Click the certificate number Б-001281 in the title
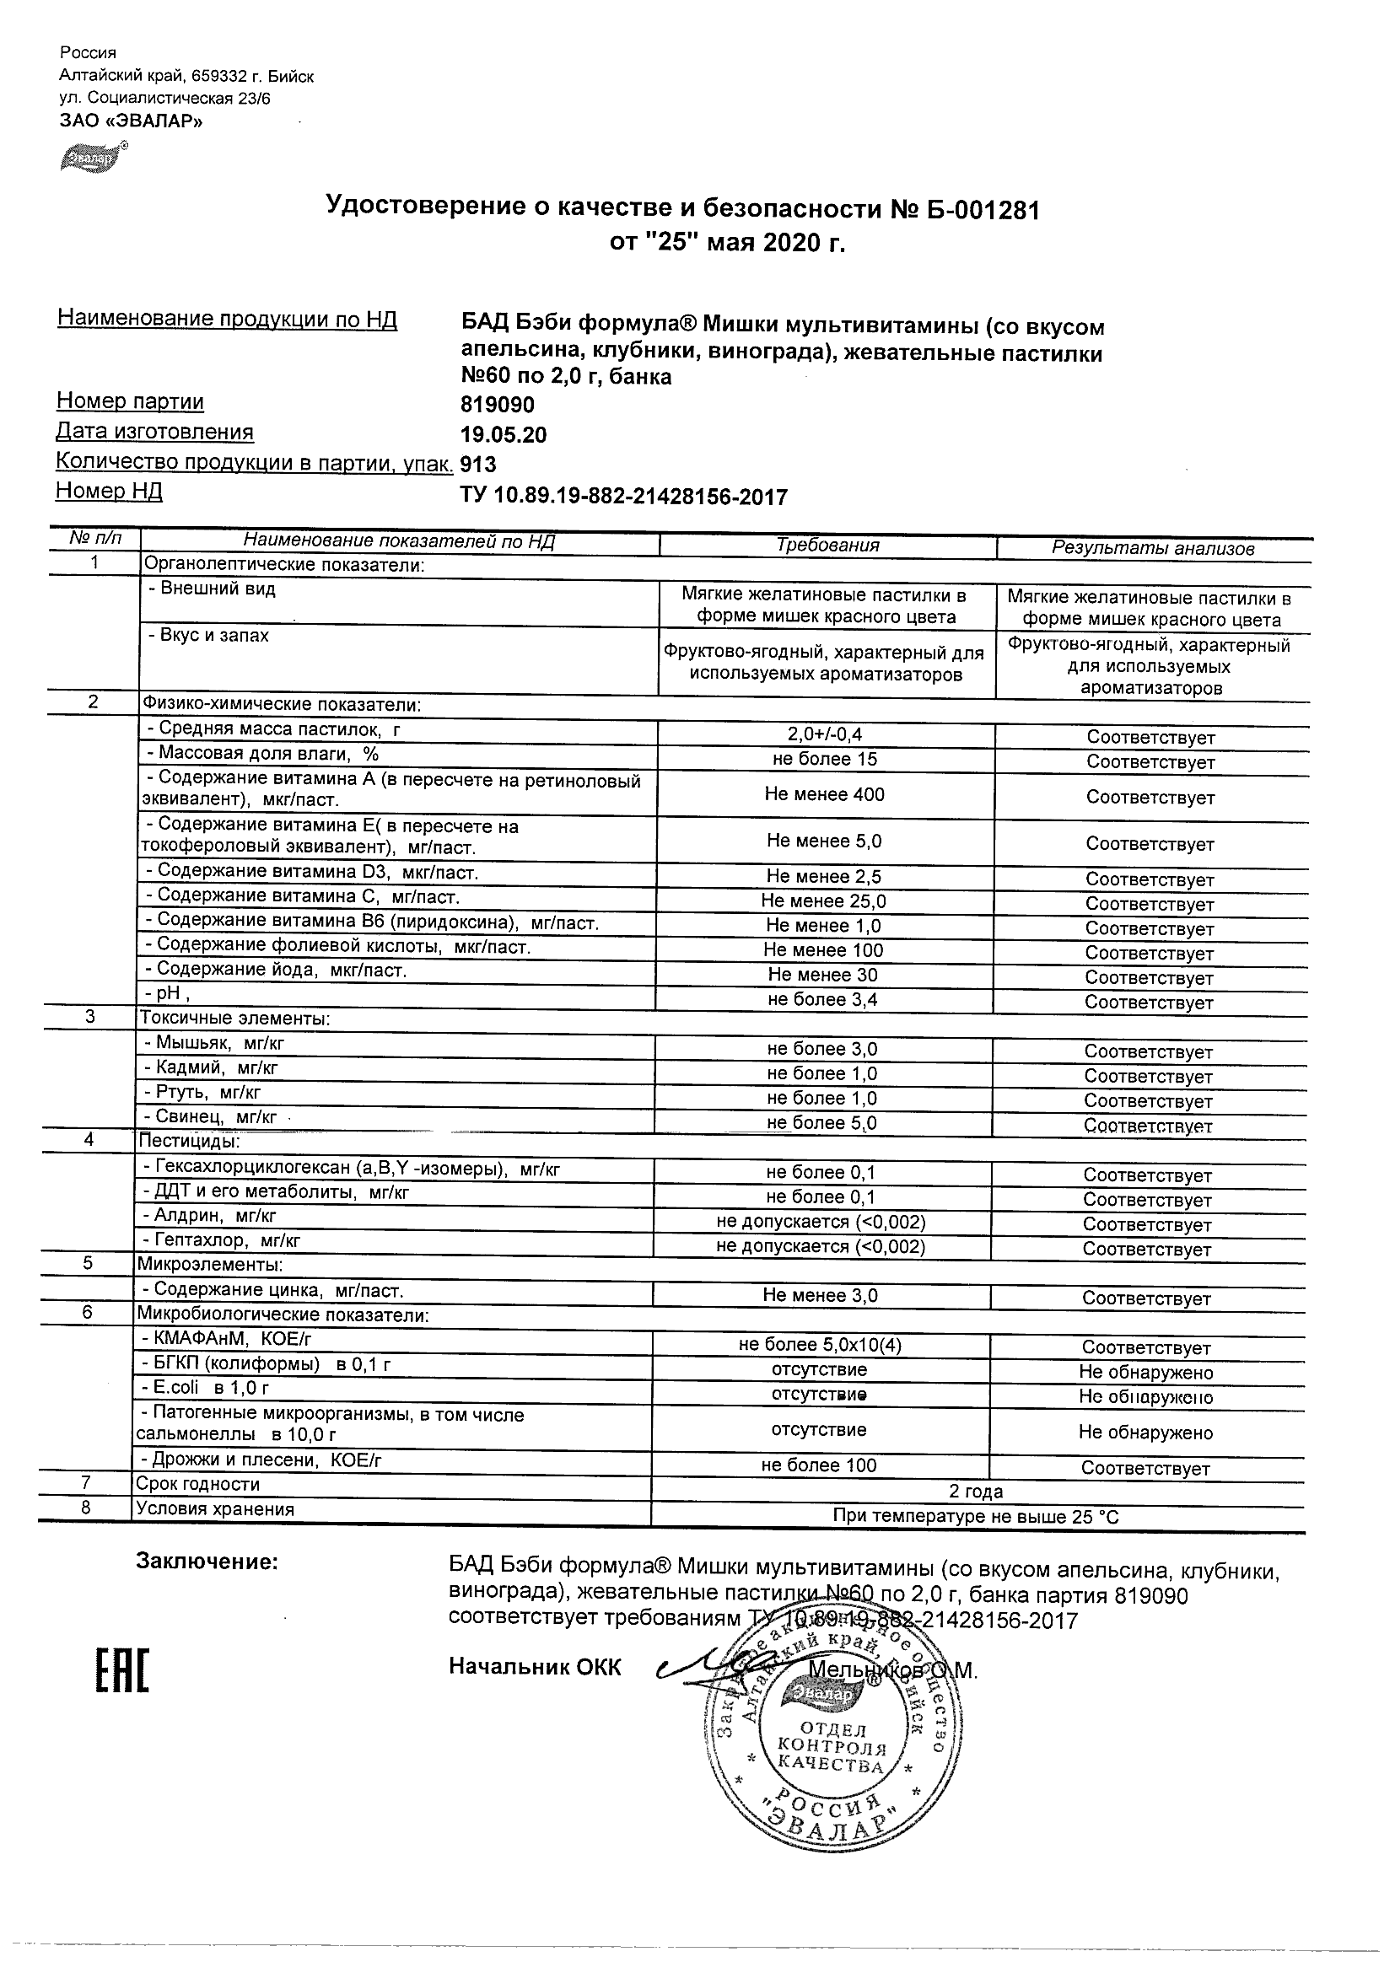(983, 209)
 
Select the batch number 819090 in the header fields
(498, 404)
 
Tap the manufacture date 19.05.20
(504, 435)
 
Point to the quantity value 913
(479, 465)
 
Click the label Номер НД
(109, 492)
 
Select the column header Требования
(827, 545)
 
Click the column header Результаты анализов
(1153, 548)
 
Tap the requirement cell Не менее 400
(824, 794)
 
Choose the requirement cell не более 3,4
(822, 999)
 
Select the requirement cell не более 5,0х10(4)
(820, 1345)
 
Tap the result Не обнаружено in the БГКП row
(1145, 1373)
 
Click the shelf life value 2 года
(976, 1491)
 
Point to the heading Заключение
(207, 1562)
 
